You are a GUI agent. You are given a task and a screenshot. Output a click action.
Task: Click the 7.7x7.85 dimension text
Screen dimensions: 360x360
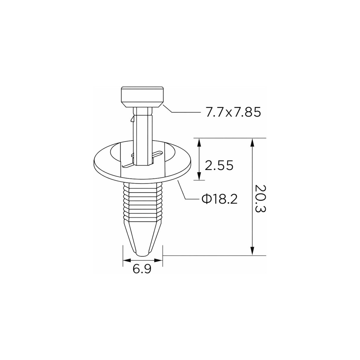233,113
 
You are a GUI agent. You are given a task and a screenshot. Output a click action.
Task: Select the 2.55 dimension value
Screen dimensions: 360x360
219,165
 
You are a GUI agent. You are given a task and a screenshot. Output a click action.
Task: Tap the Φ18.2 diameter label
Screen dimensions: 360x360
219,199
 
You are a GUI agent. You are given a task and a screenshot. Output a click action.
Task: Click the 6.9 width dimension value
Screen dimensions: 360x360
142,269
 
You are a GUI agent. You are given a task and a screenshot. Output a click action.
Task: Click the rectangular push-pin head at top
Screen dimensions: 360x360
142,97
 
